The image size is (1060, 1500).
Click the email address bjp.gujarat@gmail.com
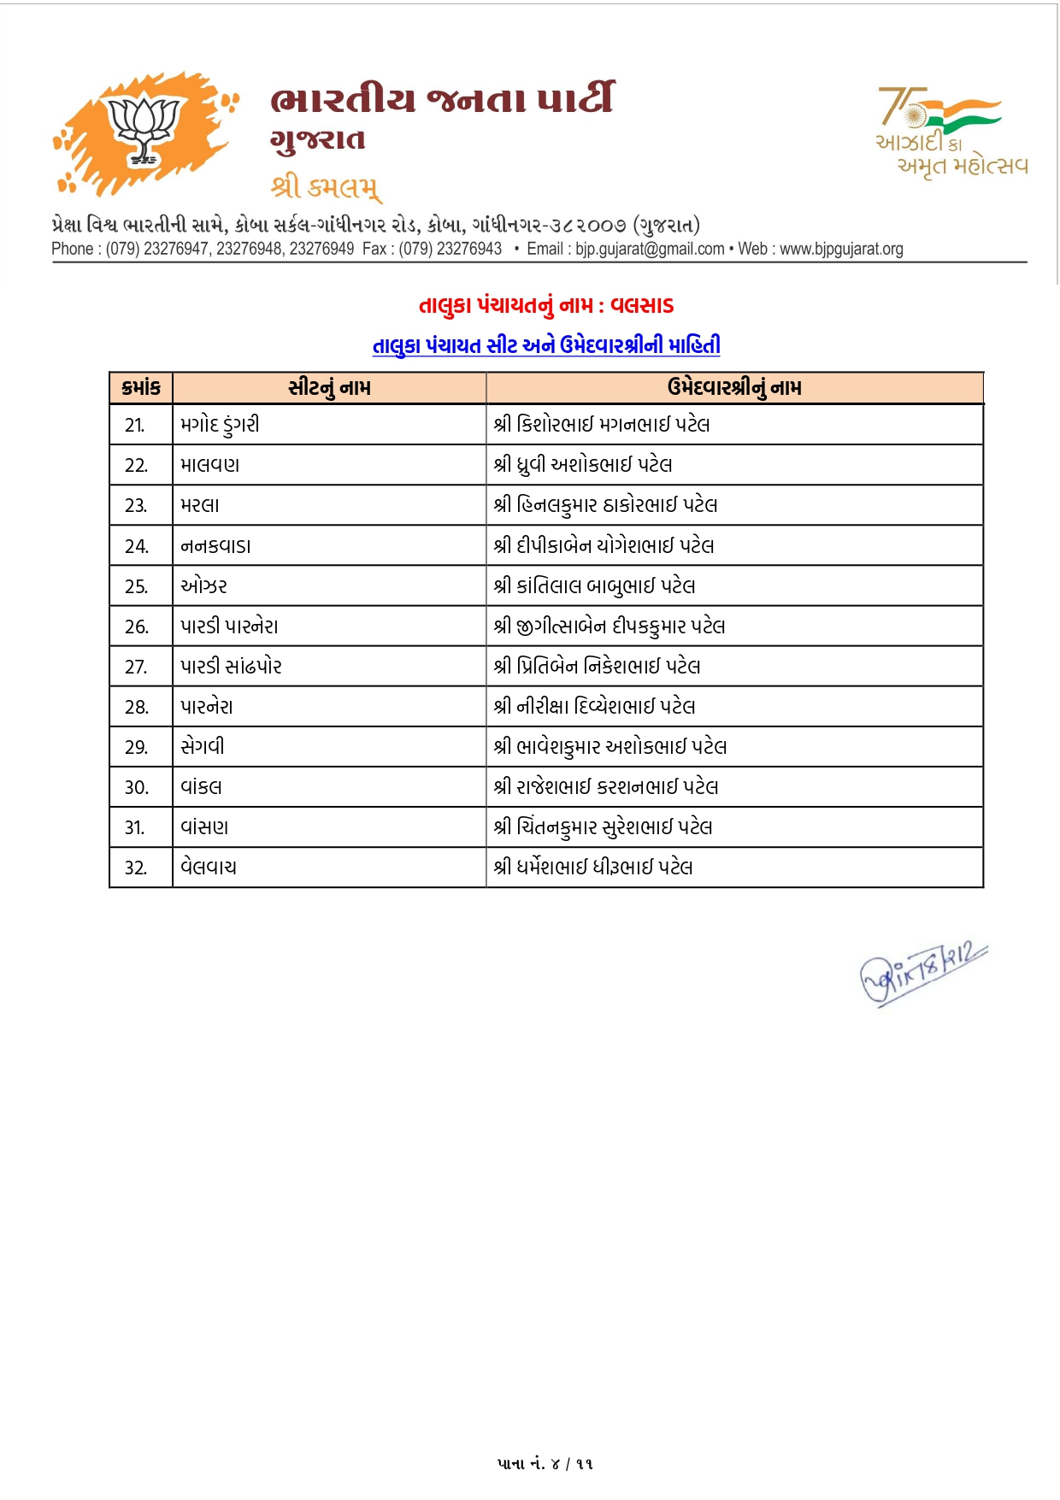coord(650,249)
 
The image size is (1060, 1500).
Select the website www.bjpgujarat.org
coord(841,249)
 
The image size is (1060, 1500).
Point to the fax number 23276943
coord(468,249)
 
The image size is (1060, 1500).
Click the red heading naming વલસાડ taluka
coord(546,305)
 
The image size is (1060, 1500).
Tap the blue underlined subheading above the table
coord(546,345)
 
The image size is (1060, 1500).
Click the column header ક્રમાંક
coord(141,388)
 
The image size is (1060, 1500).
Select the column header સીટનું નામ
coord(329,388)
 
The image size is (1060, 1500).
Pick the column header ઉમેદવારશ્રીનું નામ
coord(734,388)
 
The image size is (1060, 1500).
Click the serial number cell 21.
coord(135,425)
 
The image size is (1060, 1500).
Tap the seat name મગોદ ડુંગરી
coord(220,425)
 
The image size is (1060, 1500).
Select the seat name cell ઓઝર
coord(203,586)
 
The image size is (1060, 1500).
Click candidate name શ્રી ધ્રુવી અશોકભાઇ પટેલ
coord(583,465)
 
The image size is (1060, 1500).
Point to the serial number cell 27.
coord(135,667)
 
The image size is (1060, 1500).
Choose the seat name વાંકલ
coord(201,787)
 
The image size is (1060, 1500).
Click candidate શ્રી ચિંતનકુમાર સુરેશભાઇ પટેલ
coord(603,827)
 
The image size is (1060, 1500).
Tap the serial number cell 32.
coord(135,868)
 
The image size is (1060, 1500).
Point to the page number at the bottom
coord(545,1463)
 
